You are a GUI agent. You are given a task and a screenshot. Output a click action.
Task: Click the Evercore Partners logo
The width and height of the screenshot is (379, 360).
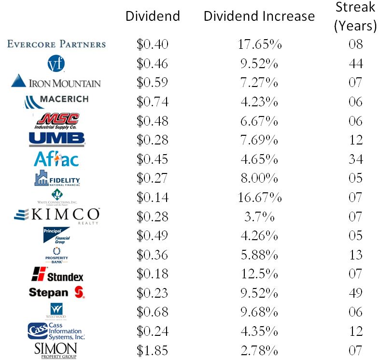[56, 44]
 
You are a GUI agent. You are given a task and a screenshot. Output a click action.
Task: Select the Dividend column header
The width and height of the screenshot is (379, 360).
[153, 16]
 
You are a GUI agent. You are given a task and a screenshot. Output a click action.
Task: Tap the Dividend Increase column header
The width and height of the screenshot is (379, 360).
[259, 16]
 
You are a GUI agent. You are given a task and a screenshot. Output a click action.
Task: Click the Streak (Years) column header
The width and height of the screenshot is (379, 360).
[355, 17]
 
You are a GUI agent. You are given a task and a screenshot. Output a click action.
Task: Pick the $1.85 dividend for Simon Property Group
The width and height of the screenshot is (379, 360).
[153, 349]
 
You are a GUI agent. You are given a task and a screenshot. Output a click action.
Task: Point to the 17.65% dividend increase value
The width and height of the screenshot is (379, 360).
[260, 44]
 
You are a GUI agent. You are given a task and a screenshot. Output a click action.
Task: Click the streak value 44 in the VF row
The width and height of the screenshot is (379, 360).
[355, 63]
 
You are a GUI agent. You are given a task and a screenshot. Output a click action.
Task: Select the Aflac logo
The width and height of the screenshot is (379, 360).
[56, 159]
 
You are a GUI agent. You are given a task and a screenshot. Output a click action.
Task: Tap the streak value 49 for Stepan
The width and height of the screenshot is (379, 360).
[355, 292]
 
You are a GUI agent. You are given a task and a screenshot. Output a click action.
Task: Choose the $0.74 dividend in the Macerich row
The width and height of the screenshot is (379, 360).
[153, 101]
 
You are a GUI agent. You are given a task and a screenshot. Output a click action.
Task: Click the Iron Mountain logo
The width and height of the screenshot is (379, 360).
[56, 81]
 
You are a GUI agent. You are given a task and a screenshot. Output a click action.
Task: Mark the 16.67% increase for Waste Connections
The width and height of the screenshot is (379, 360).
[260, 197]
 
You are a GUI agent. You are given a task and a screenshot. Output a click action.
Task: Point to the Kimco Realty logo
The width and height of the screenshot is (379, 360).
[56, 216]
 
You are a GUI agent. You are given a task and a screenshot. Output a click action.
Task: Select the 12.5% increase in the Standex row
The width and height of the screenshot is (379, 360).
[260, 274]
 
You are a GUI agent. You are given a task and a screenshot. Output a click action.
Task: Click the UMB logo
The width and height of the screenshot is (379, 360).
[56, 139]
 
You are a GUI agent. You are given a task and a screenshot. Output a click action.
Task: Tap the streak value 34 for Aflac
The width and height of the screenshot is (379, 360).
[355, 159]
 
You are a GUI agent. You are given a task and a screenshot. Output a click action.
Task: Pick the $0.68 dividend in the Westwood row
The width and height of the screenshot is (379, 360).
[153, 312]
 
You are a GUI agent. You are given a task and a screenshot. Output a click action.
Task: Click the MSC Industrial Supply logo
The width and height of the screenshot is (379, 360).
[57, 120]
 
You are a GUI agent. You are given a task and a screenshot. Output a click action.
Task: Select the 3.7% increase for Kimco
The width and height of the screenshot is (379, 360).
[260, 216]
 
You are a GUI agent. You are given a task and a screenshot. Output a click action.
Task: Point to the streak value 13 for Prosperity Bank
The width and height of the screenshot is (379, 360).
[355, 254]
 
